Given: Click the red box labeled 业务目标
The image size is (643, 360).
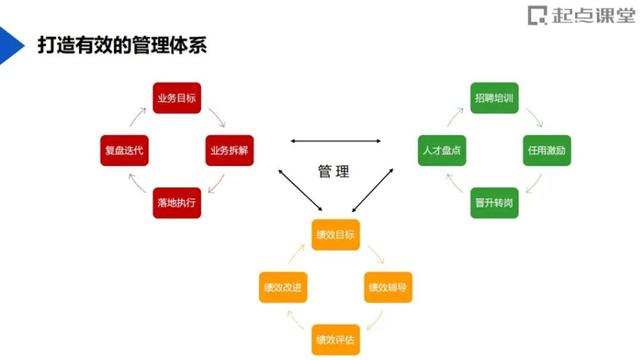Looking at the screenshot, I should click(176, 98).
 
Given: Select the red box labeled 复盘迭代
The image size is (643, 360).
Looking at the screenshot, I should click(124, 150).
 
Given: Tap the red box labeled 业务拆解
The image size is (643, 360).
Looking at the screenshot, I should click(229, 150).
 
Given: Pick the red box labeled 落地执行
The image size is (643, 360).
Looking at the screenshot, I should click(176, 202).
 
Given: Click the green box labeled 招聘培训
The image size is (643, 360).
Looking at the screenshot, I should click(494, 98).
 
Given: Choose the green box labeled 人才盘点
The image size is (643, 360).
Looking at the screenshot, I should click(442, 150).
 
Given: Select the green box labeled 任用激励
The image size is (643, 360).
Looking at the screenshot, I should click(547, 150).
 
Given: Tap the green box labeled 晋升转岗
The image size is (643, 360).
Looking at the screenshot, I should click(494, 202).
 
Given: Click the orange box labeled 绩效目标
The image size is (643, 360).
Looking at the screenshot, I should click(335, 235).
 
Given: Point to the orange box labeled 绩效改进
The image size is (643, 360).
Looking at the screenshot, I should click(283, 287).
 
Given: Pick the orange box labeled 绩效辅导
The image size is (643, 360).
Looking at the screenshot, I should click(388, 287).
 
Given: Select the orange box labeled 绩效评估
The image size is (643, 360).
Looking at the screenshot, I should click(335, 340).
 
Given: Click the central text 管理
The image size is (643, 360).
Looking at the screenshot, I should click(333, 172).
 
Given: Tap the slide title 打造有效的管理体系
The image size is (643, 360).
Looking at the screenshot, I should click(121, 44).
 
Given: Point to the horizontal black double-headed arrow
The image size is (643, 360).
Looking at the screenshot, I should click(335, 141).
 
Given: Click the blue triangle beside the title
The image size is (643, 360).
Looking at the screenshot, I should click(10, 45).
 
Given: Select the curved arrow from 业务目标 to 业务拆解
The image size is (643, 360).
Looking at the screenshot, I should click(218, 117).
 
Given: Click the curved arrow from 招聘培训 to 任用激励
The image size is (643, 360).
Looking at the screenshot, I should click(535, 117).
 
